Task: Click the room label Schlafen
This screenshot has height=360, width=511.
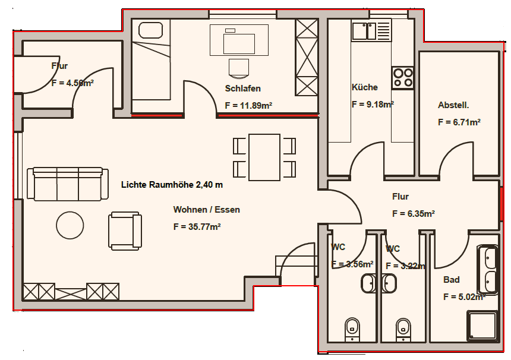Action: pos(242,89)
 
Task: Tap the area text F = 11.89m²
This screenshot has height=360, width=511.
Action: pos(248,106)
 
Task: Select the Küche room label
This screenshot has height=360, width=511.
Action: pos(364,87)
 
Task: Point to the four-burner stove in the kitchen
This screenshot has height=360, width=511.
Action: pos(402,77)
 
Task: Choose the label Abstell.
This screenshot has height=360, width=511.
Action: pos(453,105)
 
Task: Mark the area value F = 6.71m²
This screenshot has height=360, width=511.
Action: pos(459,122)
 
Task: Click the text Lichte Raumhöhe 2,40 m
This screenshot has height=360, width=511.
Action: pos(172,185)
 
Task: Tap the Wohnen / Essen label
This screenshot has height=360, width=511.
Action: pos(206,210)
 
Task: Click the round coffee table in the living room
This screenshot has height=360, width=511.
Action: pos(70,225)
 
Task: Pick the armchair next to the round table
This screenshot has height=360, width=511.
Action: pos(125,230)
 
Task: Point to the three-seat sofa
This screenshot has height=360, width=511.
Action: pos(68,184)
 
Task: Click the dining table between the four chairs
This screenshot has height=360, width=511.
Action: pos(264,157)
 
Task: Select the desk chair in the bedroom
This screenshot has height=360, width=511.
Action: pos(238,67)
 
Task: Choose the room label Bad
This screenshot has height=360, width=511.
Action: pos(451,280)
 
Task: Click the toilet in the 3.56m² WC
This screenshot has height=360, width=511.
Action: pos(352,327)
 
